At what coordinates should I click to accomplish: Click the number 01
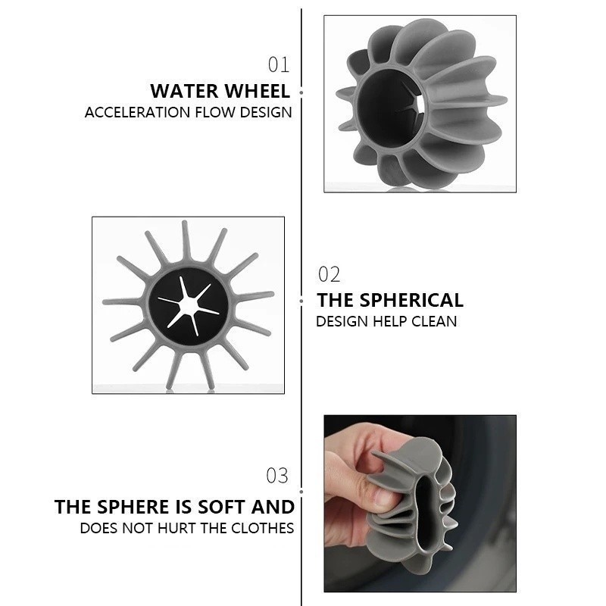click(279, 64)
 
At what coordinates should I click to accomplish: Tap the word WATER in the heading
click(184, 91)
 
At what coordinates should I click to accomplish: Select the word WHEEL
click(258, 91)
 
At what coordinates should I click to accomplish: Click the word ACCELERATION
click(137, 112)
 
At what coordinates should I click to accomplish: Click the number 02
click(329, 274)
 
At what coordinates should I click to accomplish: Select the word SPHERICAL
click(411, 300)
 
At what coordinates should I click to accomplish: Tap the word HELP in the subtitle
click(389, 321)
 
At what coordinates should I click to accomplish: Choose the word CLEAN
click(434, 321)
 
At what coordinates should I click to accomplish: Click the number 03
click(277, 476)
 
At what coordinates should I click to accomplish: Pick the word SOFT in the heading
click(222, 507)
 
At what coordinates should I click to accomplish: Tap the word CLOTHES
click(262, 528)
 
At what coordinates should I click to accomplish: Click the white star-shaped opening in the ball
click(188, 305)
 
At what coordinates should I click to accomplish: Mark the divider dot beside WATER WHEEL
click(301, 92)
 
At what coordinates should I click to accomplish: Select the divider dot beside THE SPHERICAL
click(301, 301)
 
